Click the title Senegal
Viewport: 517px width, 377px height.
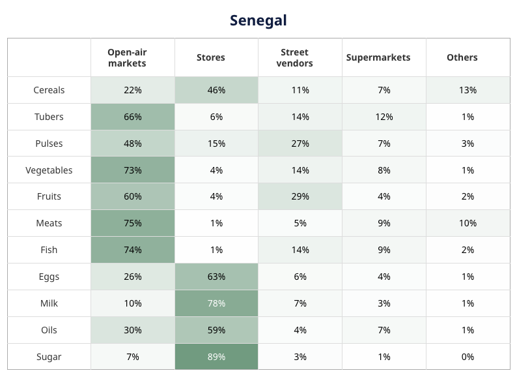pyautogui.click(x=258, y=20)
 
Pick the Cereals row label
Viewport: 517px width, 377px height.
pyautogui.click(x=49, y=90)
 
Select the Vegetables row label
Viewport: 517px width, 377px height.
pyautogui.click(x=49, y=170)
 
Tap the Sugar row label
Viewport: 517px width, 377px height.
pyautogui.click(x=49, y=357)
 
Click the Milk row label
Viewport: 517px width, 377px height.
pyautogui.click(x=49, y=303)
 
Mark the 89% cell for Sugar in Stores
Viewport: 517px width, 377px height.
pyautogui.click(x=216, y=357)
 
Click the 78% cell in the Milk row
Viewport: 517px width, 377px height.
pyautogui.click(x=216, y=303)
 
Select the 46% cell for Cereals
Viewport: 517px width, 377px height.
pyautogui.click(x=216, y=90)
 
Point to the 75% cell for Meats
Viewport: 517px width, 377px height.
pyautogui.click(x=133, y=223)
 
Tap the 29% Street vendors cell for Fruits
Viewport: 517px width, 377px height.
pyautogui.click(x=300, y=196)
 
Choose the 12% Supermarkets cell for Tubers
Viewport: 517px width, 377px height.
pyautogui.click(x=384, y=117)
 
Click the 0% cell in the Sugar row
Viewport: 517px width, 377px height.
pyautogui.click(x=468, y=357)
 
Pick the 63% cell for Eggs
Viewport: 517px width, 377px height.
pyautogui.click(x=216, y=277)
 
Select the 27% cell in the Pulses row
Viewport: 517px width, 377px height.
pyautogui.click(x=300, y=143)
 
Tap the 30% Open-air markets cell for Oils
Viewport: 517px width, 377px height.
pyautogui.click(x=133, y=330)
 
